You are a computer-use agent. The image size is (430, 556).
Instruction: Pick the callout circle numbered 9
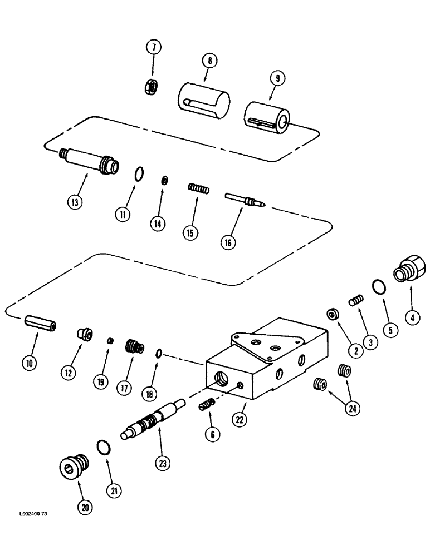coord(276,79)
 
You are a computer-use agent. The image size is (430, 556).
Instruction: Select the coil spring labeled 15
coord(198,189)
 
